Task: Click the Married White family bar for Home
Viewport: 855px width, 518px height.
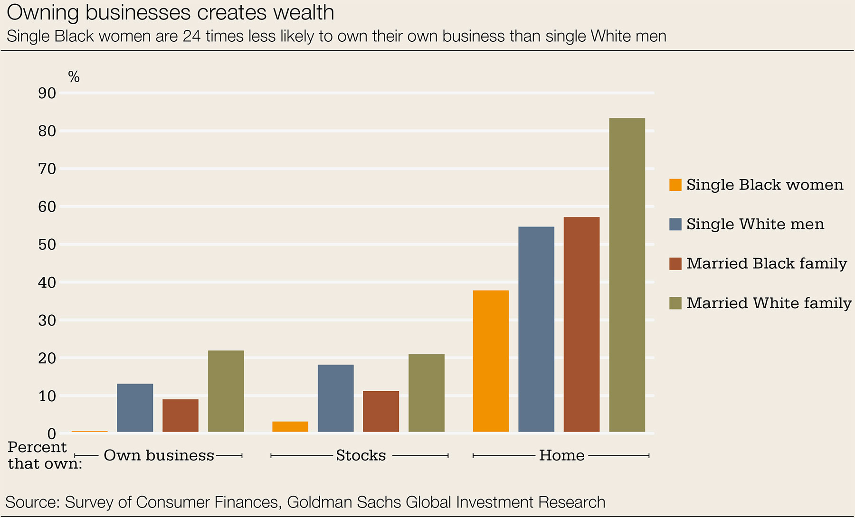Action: point(627,275)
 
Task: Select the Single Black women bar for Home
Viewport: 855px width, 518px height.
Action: point(491,361)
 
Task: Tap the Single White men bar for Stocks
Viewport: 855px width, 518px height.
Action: point(335,398)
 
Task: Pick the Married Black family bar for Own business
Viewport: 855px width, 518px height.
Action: point(180,415)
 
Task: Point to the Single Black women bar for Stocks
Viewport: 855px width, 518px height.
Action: point(290,426)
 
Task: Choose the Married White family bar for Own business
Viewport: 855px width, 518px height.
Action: point(226,391)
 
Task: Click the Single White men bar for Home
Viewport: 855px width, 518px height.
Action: point(536,329)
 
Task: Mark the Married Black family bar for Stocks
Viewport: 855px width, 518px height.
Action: point(381,411)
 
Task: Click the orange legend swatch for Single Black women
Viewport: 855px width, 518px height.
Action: point(675,185)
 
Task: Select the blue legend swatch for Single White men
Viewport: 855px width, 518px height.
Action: point(675,224)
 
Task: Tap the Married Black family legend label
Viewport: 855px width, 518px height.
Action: point(766,264)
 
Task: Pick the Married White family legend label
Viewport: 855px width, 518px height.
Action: point(769,303)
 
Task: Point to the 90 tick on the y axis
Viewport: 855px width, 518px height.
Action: point(47,93)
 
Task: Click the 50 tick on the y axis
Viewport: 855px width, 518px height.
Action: point(47,245)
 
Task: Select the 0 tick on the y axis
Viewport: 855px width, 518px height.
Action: point(51,433)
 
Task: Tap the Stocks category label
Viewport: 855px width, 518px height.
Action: point(361,455)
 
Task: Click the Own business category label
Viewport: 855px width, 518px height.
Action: point(159,455)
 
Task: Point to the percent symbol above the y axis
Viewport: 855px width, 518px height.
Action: point(74,76)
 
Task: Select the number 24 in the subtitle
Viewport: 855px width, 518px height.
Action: point(191,37)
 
